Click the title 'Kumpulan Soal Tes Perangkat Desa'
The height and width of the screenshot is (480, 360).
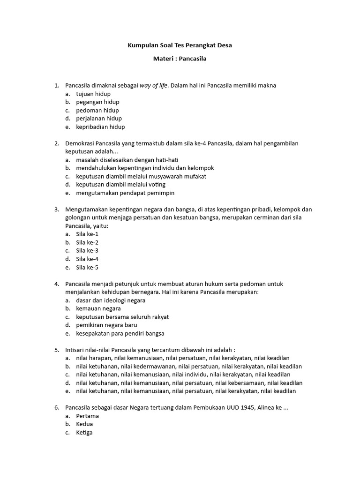point(180,45)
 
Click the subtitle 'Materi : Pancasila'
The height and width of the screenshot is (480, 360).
point(180,59)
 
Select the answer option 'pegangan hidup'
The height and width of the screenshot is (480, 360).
point(97,102)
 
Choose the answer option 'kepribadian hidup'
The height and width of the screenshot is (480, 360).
point(100,127)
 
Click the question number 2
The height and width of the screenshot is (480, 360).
point(56,143)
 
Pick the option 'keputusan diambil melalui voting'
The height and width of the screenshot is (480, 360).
point(120,185)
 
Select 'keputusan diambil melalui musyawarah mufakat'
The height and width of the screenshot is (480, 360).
point(141,176)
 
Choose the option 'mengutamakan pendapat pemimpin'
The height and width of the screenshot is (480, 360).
point(125,193)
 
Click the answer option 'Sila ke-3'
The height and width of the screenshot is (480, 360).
point(87,251)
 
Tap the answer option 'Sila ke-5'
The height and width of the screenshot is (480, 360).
point(87,267)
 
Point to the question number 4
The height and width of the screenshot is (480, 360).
point(56,284)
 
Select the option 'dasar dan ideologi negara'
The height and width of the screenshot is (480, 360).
point(111,300)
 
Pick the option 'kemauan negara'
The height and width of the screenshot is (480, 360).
point(98,308)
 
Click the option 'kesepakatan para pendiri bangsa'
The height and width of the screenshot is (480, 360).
point(120,333)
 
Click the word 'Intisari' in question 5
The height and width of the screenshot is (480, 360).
point(75,350)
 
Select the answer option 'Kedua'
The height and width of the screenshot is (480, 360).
point(84,424)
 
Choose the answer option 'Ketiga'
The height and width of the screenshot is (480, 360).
point(84,433)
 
